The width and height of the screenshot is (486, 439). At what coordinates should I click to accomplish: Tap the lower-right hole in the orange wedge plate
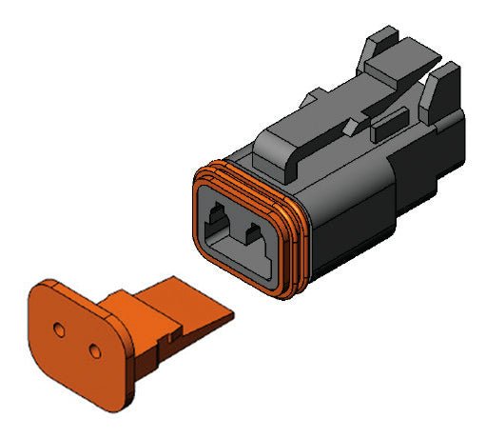pos(93,351)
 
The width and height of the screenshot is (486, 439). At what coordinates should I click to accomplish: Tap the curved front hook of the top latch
pos(281,156)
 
